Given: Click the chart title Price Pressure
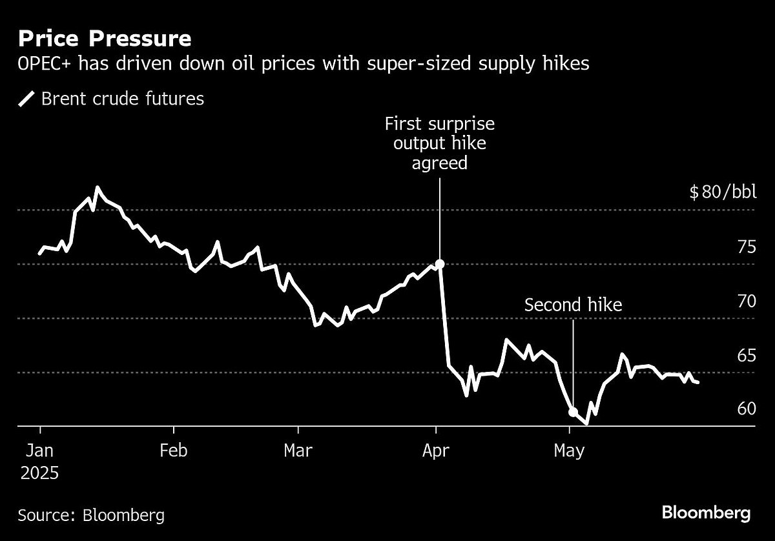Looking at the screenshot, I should (105, 39).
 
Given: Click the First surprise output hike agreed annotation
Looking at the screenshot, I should (439, 143).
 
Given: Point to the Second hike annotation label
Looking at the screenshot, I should (573, 305).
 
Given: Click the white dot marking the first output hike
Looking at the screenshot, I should (440, 263).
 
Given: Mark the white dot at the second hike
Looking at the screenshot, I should (573, 411).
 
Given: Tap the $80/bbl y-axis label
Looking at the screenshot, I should (716, 193).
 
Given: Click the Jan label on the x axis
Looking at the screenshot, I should (40, 450).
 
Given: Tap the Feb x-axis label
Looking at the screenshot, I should (173, 450).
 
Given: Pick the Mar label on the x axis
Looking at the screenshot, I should (298, 450).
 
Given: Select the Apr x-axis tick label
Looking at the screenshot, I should (437, 450).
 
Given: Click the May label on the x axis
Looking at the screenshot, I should (570, 450).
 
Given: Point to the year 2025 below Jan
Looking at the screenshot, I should (40, 473).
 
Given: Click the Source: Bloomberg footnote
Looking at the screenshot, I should (91, 515).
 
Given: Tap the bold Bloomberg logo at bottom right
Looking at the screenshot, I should (706, 513).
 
